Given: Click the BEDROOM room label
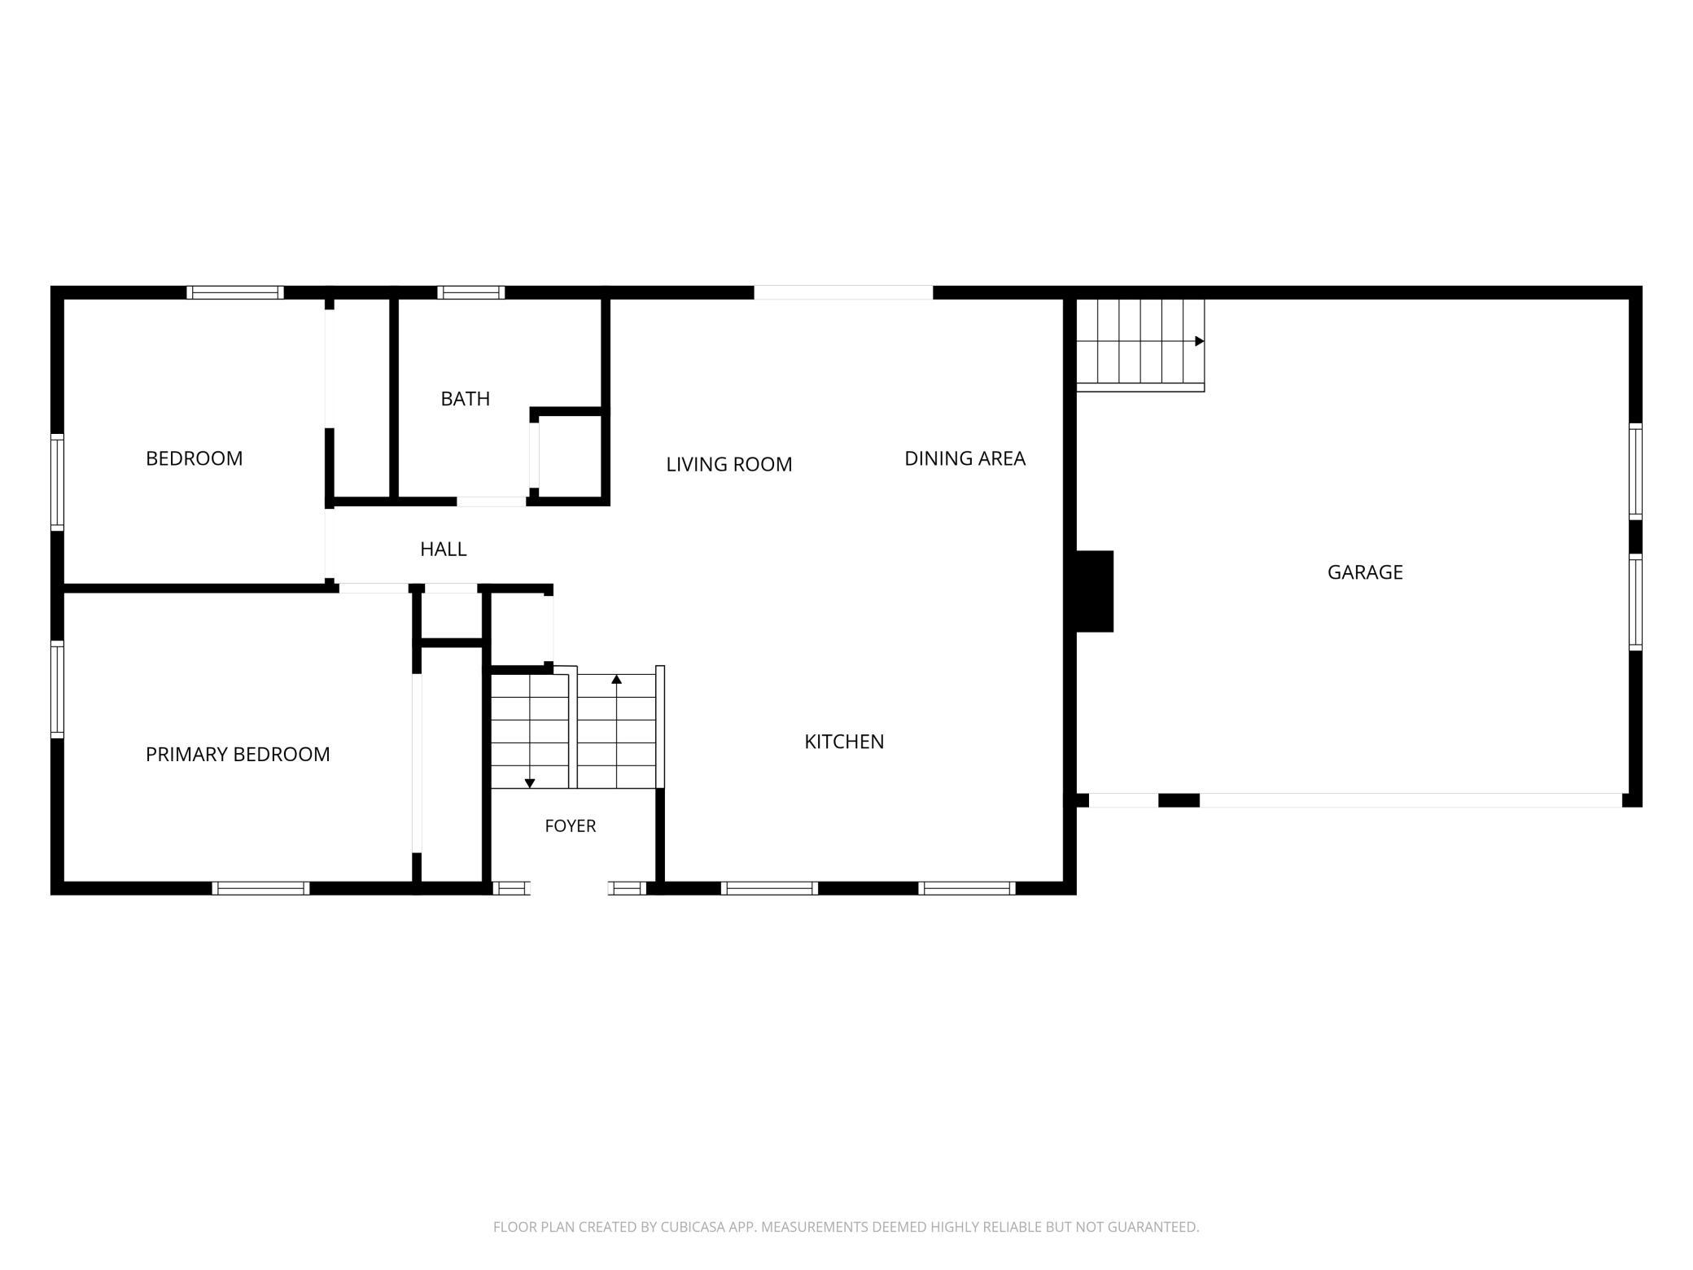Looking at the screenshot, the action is (194, 458).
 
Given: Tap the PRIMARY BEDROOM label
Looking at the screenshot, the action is (238, 755).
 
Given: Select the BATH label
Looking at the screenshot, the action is (465, 399).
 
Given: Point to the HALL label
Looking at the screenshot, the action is (443, 550).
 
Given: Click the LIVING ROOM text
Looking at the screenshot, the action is (728, 464).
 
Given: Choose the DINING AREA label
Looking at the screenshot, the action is (965, 458).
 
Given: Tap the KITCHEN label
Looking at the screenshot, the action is (844, 742).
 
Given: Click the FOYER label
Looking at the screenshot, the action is (570, 826).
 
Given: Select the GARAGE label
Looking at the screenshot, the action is (1365, 572).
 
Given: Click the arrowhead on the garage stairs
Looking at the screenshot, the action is (1199, 341).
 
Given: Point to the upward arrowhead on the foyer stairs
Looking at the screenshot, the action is (616, 679).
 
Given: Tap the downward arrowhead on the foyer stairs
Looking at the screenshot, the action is (530, 783).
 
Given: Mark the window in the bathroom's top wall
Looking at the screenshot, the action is (471, 292).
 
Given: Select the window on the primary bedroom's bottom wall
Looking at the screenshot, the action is (261, 888).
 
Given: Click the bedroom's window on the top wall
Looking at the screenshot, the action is (235, 292).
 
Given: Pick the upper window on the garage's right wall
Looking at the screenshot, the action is (1635, 471).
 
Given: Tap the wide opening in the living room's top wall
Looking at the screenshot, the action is (843, 292).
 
